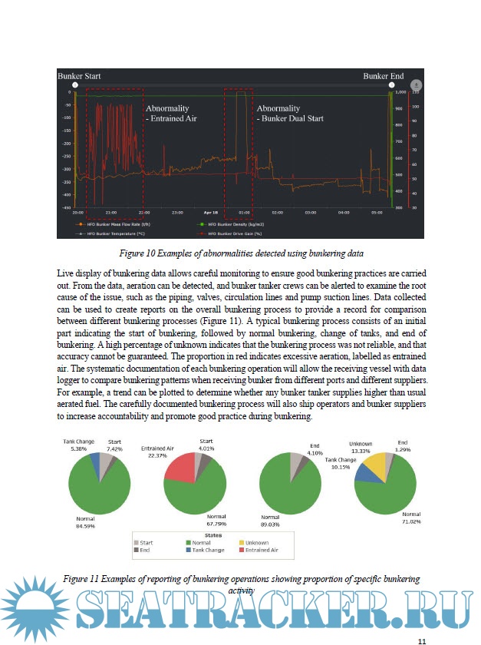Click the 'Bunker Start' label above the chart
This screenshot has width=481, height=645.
coord(80,77)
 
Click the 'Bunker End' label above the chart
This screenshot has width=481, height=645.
coord(384,77)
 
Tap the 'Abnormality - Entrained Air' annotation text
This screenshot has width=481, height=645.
coord(173,114)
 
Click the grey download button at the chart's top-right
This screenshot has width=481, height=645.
coord(416,85)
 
